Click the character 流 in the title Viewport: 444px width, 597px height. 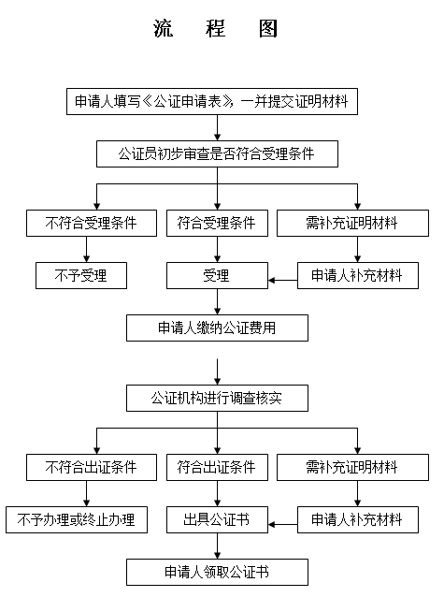pyautogui.click(x=164, y=29)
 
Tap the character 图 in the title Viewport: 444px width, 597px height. pyautogui.click(x=268, y=29)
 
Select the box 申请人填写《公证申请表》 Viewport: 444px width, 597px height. pyautogui.click(x=212, y=102)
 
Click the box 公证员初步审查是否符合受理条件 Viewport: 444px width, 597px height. pyautogui.click(x=217, y=153)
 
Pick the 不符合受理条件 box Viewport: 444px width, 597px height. pyautogui.click(x=92, y=223)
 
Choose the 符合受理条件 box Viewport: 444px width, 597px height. pyautogui.click(x=217, y=223)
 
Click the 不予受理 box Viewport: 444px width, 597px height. pyautogui.click(x=81, y=275)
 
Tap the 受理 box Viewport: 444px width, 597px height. pyautogui.click(x=217, y=275)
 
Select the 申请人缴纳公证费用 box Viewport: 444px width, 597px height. pyautogui.click(x=217, y=328)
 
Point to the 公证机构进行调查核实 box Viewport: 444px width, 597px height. pyautogui.click(x=217, y=399)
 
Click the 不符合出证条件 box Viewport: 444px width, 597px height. pyautogui.click(x=92, y=467)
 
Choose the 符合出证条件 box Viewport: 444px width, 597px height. pyautogui.click(x=217, y=467)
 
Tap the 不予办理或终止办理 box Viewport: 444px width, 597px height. pyautogui.click(x=77, y=519)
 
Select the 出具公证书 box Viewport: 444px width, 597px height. pyautogui.click(x=217, y=519)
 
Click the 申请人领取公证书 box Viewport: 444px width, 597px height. pyautogui.click(x=217, y=573)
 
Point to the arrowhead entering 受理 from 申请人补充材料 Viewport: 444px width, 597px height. pyautogui.click(x=271, y=281)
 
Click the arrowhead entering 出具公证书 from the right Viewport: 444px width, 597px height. pyautogui.click(x=271, y=525)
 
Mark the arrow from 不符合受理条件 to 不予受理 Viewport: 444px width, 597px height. pyautogui.click(x=86, y=250)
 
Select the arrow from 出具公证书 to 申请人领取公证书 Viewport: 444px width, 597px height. pyautogui.click(x=217, y=546)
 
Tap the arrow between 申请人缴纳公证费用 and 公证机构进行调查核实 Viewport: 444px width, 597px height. pyautogui.click(x=217, y=371)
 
